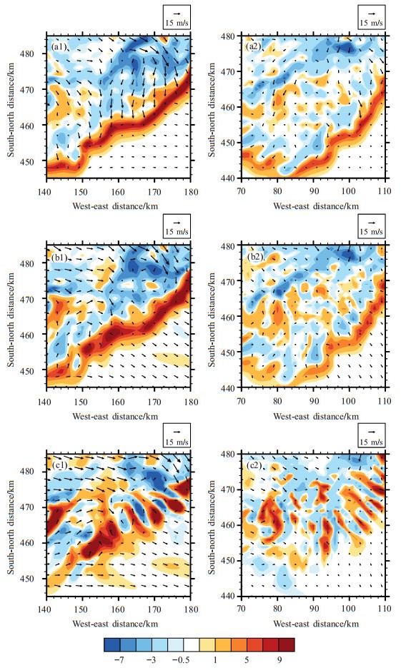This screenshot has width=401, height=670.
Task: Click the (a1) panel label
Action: (59, 47)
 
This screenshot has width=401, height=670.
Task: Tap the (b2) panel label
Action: (255, 258)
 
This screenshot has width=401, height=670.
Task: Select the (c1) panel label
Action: (59, 465)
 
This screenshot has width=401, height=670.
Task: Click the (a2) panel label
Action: (254, 46)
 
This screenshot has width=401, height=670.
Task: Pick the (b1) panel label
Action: (59, 258)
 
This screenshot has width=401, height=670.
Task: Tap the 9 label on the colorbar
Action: (279, 660)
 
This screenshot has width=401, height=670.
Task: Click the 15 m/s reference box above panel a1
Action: (177, 17)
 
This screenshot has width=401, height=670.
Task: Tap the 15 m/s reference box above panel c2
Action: (372, 435)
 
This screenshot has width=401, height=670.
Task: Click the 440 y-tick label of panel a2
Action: (227, 178)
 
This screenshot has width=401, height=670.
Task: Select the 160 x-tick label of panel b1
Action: (118, 402)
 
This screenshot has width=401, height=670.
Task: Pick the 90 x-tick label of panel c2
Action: (314, 608)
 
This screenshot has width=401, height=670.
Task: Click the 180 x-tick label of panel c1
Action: (191, 609)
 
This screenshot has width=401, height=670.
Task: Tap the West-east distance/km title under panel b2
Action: (316, 416)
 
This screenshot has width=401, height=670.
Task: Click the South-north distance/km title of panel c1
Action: (11, 527)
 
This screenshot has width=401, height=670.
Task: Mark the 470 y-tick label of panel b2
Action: (227, 282)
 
